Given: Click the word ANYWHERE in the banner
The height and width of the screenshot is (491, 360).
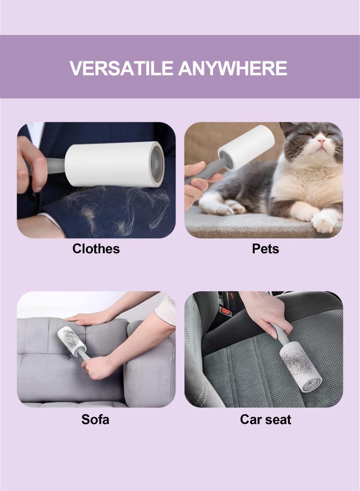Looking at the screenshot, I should tap(233, 68).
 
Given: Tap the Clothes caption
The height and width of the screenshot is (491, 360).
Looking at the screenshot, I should tap(96, 248).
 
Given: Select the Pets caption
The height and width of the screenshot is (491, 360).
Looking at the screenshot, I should tap(265, 248).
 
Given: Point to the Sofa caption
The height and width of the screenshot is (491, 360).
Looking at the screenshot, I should tap(95, 419).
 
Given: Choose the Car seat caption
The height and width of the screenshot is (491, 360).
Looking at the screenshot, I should tap(265, 419).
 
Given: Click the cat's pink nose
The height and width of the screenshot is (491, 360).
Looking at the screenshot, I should tap(321, 141).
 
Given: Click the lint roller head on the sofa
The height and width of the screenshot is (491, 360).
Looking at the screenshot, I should tap(71, 341).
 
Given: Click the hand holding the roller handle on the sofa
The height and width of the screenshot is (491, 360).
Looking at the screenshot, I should tap(98, 367).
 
